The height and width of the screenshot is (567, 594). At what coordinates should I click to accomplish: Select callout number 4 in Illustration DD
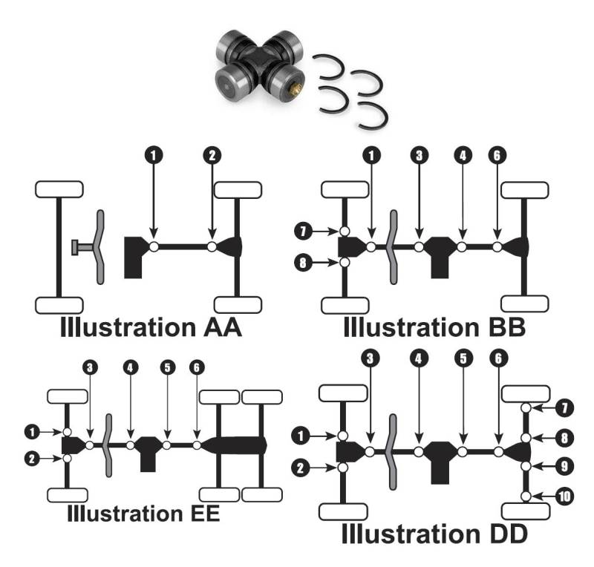(x=419, y=357)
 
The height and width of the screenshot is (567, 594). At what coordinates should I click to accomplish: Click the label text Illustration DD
(x=434, y=532)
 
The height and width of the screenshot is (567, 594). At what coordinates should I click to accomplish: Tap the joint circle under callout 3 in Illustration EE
(x=90, y=445)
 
